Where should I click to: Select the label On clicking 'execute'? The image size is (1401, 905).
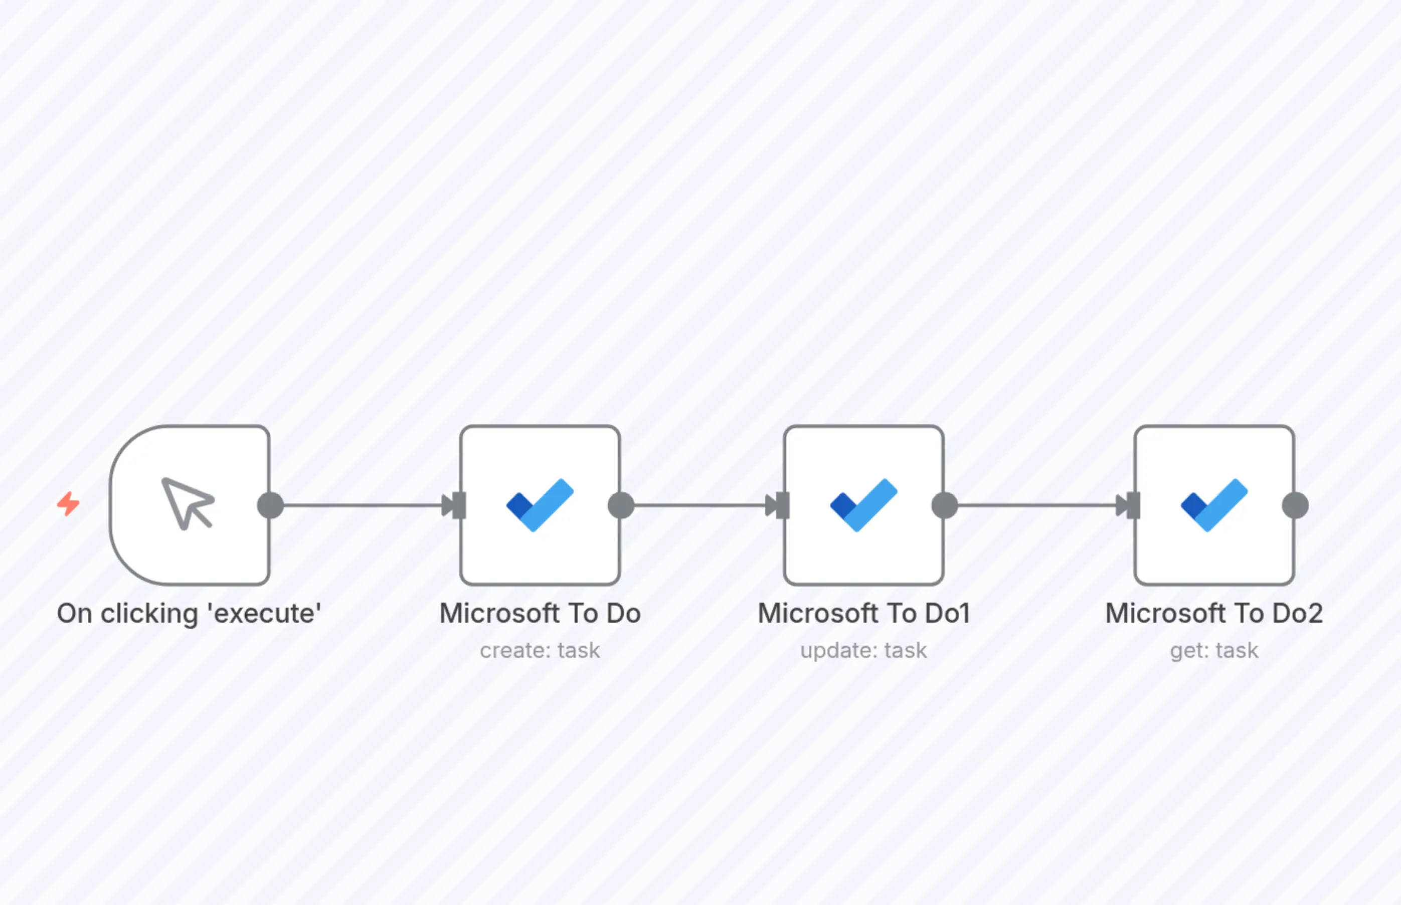click(x=189, y=614)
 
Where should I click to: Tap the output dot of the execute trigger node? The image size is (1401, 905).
click(x=270, y=505)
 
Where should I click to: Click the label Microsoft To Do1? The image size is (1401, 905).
click(x=863, y=614)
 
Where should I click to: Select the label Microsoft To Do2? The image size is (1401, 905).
click(x=1214, y=614)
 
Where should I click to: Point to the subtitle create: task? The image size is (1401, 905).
click(x=540, y=650)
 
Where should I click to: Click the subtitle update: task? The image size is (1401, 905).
click(x=863, y=650)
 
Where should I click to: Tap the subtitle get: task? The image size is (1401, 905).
click(x=1214, y=650)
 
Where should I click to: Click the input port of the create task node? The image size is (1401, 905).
click(x=458, y=505)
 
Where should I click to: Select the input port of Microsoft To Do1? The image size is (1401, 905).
click(x=782, y=505)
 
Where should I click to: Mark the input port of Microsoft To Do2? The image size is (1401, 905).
click(x=1133, y=505)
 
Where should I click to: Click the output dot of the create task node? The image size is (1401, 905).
click(x=621, y=505)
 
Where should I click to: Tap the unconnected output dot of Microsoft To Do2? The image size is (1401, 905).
click(x=1295, y=505)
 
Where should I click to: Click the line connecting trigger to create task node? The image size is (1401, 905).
click(x=362, y=505)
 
